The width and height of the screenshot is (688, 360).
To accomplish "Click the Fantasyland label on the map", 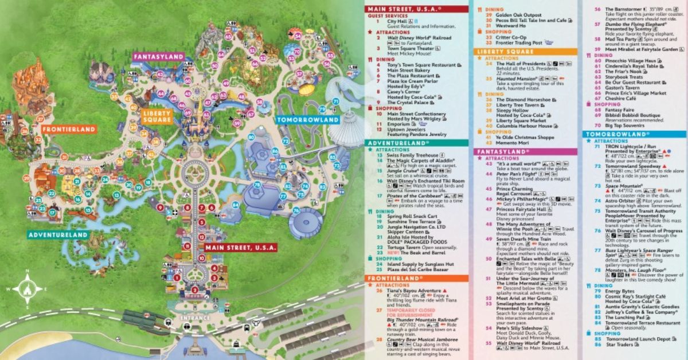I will (x=159, y=57).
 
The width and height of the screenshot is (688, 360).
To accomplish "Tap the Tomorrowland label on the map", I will (x=307, y=120).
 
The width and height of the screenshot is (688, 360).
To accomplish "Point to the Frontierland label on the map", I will (x=68, y=130).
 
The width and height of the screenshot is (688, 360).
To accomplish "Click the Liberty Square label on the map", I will (x=157, y=116).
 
